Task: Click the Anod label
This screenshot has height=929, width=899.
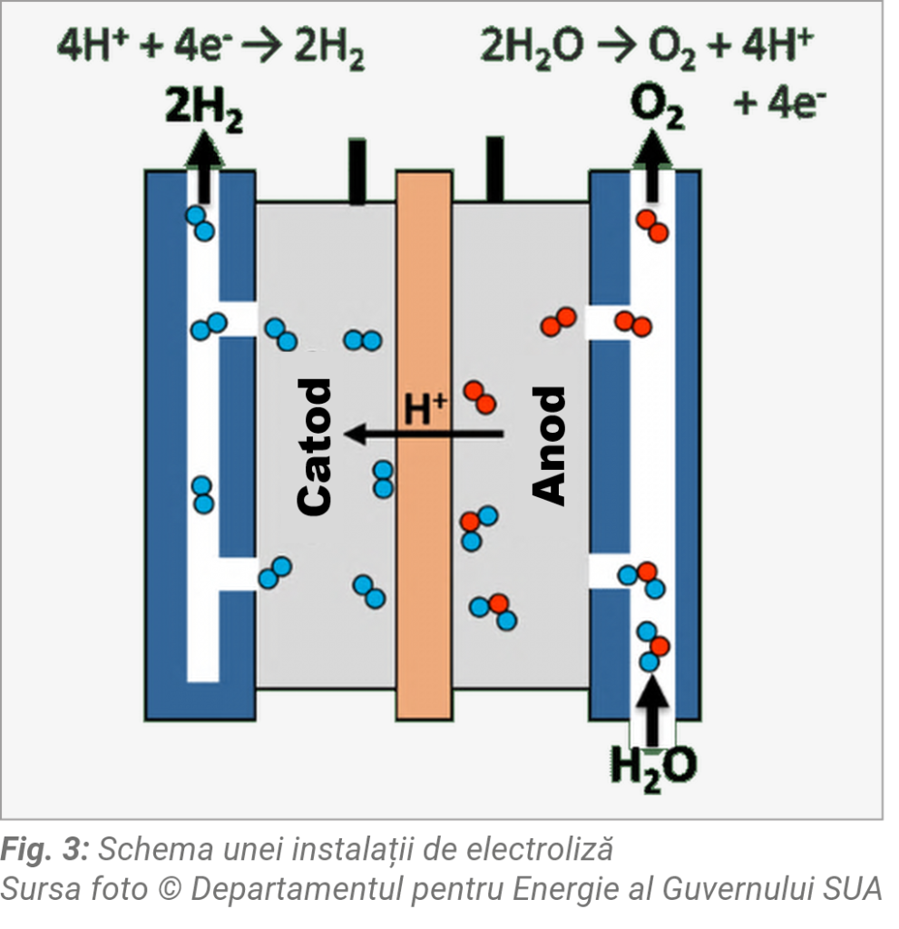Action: click(x=548, y=445)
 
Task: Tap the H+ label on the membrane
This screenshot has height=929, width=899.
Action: click(x=425, y=407)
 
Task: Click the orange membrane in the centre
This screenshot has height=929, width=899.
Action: click(x=424, y=562)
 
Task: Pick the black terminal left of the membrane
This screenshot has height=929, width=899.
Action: click(x=357, y=170)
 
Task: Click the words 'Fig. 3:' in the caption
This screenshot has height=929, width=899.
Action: click(x=44, y=850)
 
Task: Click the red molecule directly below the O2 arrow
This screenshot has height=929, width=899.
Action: click(x=652, y=225)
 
